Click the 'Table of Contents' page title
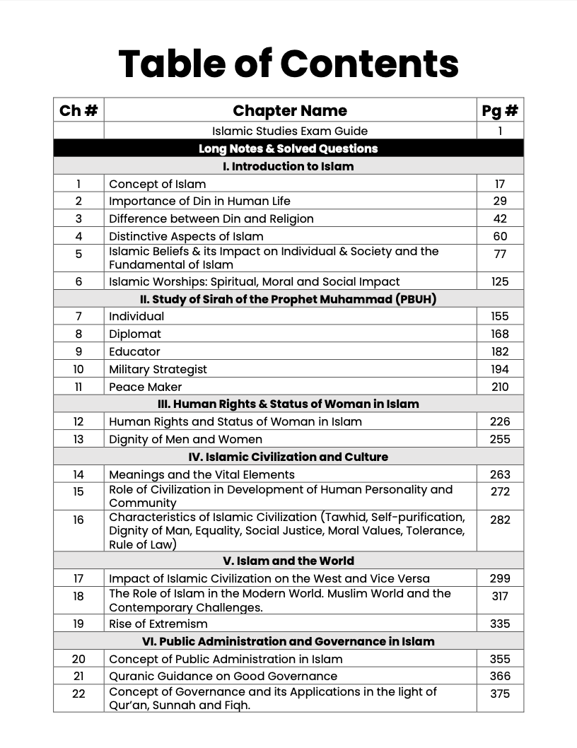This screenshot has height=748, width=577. [x=288, y=63]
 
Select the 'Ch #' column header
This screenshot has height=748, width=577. [x=78, y=110]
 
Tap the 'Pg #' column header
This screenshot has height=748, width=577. [x=500, y=110]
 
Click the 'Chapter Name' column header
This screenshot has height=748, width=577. [x=290, y=110]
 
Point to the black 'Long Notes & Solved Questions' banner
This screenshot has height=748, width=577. [x=288, y=148]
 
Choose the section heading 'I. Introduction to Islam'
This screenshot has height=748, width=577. [x=288, y=166]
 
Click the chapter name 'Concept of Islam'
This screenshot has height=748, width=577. [x=157, y=184]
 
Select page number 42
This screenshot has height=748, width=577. [x=500, y=218]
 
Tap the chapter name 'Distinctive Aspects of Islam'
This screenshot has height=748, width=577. [x=186, y=236]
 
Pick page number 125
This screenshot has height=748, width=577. [x=500, y=281]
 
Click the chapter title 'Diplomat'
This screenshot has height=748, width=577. [x=135, y=334]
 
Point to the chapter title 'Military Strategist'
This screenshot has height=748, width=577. [x=158, y=369]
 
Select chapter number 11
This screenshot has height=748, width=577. [x=78, y=387]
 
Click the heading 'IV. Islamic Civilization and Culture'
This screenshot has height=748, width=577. [x=288, y=457]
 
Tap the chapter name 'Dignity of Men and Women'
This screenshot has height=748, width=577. [x=185, y=439]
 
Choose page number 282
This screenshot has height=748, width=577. [x=500, y=520]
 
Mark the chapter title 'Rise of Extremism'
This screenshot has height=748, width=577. [x=158, y=624]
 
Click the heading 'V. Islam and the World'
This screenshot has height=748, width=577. [x=288, y=561]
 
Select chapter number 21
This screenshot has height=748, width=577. [x=78, y=676]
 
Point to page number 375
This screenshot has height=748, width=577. [x=500, y=694]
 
